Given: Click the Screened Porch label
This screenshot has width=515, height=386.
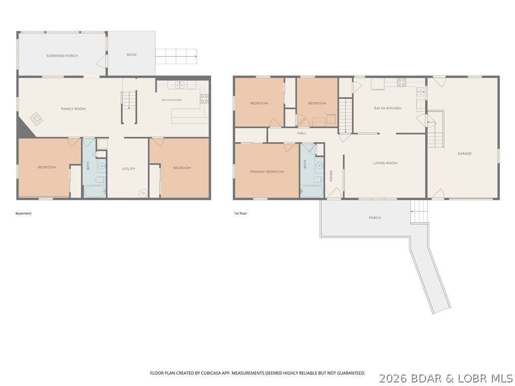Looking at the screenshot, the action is point(62,56).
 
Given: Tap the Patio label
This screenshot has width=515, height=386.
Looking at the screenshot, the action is point(131,55).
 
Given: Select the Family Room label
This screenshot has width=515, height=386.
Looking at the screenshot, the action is point(73,109).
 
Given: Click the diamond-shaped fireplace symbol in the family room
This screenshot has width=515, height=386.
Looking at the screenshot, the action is point(36,119).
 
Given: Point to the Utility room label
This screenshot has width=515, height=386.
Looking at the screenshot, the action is point(129,169).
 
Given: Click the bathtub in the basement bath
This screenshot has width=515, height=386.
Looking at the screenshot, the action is point(95,191).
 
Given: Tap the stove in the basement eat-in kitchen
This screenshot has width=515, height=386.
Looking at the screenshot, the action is point(204,99).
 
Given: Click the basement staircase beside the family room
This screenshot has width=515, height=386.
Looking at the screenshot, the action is point(129,108).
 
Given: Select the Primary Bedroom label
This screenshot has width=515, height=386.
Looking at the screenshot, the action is point(267,172).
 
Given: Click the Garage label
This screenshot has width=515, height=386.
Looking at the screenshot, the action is point(464,153).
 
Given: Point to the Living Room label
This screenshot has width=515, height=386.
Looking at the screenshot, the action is point(385,163).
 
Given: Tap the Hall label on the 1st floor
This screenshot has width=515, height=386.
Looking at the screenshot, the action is point(302,133).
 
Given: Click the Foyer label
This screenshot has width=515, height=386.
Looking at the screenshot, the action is point(331,176).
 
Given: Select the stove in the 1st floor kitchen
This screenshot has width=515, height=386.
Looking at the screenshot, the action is point(401,82).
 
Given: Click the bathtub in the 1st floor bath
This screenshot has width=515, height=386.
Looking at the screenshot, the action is point(312,191).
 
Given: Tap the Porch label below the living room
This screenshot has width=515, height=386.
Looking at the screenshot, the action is point(375,218).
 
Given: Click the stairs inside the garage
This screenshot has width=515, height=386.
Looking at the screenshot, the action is point(436,129).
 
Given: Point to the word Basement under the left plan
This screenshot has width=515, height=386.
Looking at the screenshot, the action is point(23,213).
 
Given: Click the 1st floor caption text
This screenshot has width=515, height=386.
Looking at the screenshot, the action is point(240,213).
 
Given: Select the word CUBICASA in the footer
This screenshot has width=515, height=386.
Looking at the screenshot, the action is point(214,373).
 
